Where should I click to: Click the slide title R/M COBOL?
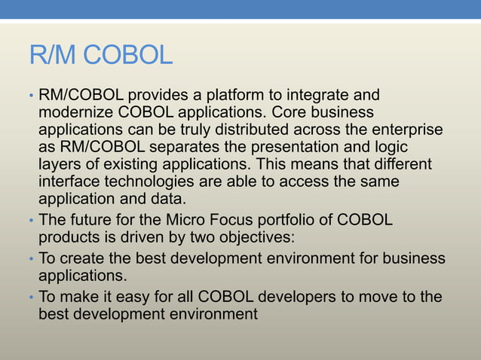coord(100,56)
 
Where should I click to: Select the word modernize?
coord(76,113)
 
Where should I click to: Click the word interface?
coord(66,181)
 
